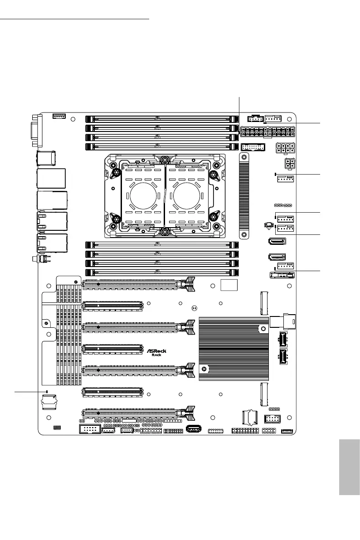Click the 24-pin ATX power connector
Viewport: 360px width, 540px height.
click(268, 133)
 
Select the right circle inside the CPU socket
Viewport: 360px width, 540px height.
click(189, 199)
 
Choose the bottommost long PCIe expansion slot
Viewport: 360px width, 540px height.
click(138, 413)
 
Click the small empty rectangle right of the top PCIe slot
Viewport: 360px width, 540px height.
click(229, 285)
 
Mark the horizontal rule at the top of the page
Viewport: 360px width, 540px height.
click(75, 19)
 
